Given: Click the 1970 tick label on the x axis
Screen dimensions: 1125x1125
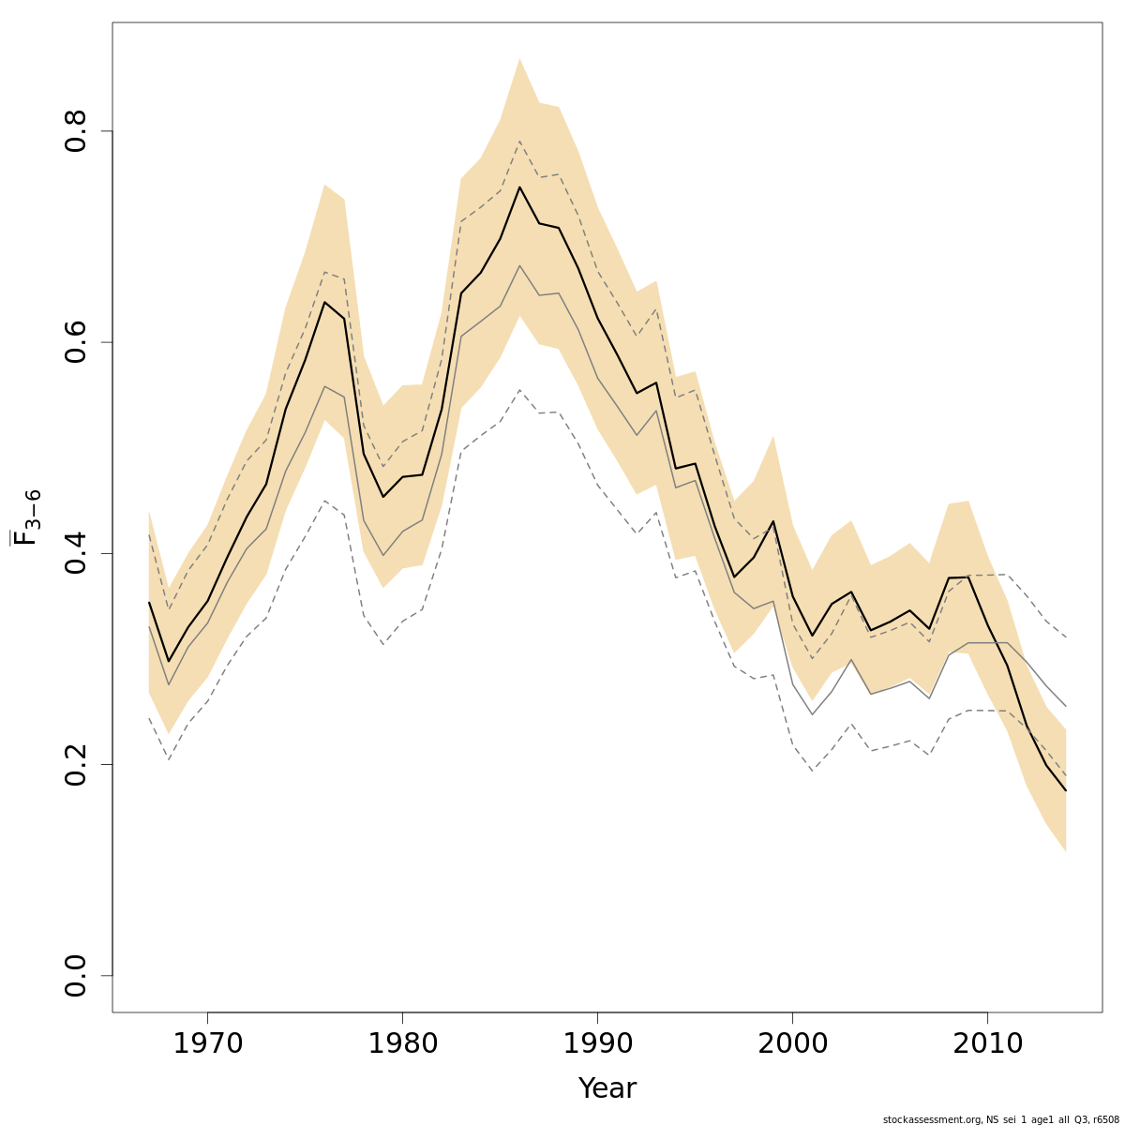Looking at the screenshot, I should point(207,1044).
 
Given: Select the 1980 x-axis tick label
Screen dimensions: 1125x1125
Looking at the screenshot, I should point(402,1044).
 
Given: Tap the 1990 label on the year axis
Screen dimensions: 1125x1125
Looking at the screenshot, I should point(597,1044).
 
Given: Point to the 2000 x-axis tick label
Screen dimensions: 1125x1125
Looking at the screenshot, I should point(792,1044).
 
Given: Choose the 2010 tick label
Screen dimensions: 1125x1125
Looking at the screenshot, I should point(987,1044).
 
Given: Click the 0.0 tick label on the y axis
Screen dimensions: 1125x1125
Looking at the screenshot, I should point(76,975).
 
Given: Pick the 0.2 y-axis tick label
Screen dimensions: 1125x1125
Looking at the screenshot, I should point(76,764).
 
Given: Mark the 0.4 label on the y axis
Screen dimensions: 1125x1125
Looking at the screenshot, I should point(76,553).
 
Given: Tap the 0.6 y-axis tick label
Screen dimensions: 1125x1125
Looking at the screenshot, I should point(76,342).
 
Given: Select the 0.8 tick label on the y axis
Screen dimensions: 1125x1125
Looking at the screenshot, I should point(76,131).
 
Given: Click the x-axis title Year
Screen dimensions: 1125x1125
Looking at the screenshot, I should point(607,1089).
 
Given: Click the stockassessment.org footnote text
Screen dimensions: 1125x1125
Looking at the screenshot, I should point(1000,1119).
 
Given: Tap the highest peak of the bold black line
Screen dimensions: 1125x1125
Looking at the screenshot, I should point(519,187).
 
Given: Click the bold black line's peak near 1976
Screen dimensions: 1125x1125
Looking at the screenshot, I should point(324,302).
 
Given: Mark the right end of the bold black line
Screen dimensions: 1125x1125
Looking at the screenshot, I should point(1066,790).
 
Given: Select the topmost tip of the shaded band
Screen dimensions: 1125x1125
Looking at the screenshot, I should point(519,58).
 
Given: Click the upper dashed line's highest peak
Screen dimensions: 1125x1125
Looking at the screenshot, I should point(519,141).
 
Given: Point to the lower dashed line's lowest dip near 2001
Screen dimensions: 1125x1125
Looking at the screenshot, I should point(812,771).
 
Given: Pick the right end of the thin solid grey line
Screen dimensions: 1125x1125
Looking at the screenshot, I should point(1066,706).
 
